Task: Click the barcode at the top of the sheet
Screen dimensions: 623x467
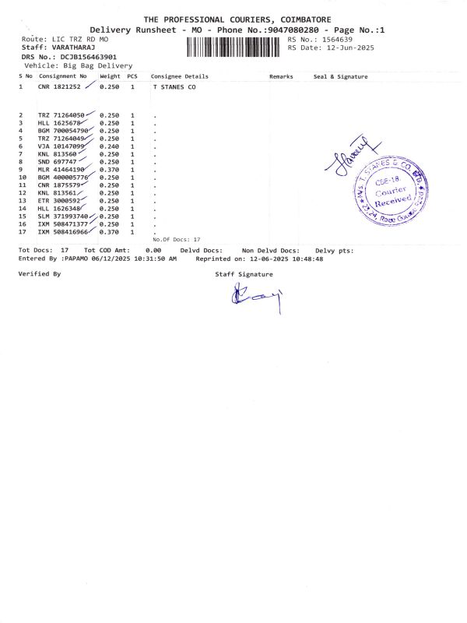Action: pyautogui.click(x=234, y=46)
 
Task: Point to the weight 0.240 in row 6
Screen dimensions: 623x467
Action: pyautogui.click(x=109, y=146)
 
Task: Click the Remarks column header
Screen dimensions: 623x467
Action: pyautogui.click(x=281, y=76)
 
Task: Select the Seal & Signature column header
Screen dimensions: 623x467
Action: pyautogui.click(x=340, y=76)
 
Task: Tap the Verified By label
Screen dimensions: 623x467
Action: pyautogui.click(x=39, y=273)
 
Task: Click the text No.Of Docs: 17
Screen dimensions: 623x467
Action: pyautogui.click(x=177, y=239)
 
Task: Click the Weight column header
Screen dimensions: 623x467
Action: pyautogui.click(x=110, y=76)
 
